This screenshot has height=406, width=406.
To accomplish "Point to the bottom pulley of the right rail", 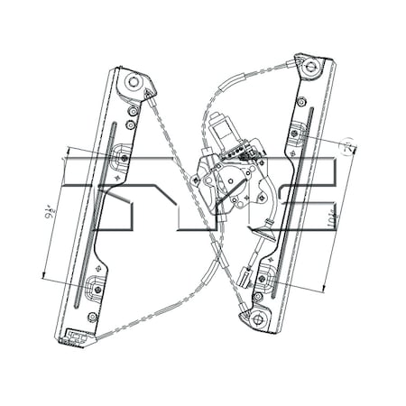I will [x=258, y=319].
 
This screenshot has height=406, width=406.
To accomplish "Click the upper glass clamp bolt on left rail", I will [x=125, y=159].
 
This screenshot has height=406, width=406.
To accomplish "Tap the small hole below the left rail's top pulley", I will [x=132, y=111].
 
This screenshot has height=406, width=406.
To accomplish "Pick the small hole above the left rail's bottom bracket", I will [x=92, y=317].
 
